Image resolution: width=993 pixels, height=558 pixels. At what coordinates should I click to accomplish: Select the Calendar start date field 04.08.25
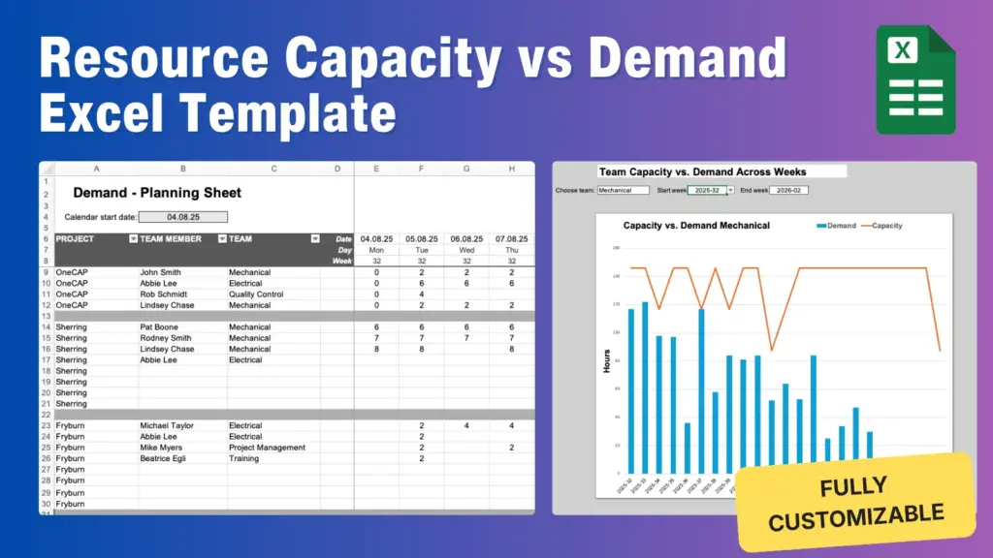[x=183, y=217]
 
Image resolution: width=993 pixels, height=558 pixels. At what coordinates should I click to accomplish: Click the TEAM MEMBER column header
[x=171, y=238]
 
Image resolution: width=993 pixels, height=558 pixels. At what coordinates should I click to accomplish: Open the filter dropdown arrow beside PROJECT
[x=132, y=238]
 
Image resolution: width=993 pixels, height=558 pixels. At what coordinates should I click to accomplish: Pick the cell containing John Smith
[x=160, y=272]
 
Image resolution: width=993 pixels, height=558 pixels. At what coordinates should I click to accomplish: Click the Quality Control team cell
[x=256, y=294]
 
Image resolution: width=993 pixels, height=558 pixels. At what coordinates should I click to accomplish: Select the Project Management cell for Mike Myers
[x=267, y=448]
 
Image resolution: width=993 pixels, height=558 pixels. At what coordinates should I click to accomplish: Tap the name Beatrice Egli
[x=166, y=458]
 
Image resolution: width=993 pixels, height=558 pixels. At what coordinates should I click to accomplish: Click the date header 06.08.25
[x=466, y=238]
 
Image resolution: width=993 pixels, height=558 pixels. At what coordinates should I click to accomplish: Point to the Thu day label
[x=511, y=250]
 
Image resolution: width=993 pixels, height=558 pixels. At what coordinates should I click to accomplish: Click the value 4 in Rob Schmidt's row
[x=422, y=294]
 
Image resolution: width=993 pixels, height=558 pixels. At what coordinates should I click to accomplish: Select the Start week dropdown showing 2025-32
[x=710, y=190]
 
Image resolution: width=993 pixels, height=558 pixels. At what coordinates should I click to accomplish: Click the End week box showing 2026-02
[x=788, y=190]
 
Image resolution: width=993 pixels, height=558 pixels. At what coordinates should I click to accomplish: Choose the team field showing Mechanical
[x=623, y=190]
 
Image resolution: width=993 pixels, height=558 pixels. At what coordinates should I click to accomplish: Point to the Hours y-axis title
[x=607, y=360]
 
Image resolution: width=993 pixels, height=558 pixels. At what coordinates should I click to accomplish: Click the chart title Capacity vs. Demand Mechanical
[x=696, y=226]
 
